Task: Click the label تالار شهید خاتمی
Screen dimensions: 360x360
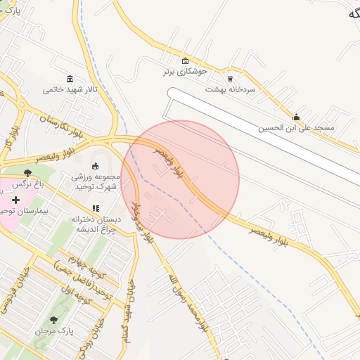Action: (x=70, y=89)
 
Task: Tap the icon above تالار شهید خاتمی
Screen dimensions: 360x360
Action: (x=70, y=79)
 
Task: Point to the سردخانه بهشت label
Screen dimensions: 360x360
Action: (x=230, y=89)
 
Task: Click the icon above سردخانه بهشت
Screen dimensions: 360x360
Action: (x=230, y=79)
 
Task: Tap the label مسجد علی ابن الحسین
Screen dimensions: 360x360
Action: (x=296, y=128)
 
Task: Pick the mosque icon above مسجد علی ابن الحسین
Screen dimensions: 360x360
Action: (x=296, y=117)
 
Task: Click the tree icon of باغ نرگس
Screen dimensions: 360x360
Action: (x=27, y=173)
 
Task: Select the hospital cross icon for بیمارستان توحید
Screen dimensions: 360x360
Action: (x=15, y=200)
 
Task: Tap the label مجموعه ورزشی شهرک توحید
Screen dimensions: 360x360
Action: (x=96, y=181)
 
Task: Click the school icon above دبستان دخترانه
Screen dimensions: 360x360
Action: (x=96, y=208)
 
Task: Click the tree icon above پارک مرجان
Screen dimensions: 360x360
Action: (x=54, y=320)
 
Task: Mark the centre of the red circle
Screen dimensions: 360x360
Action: (x=180, y=180)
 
